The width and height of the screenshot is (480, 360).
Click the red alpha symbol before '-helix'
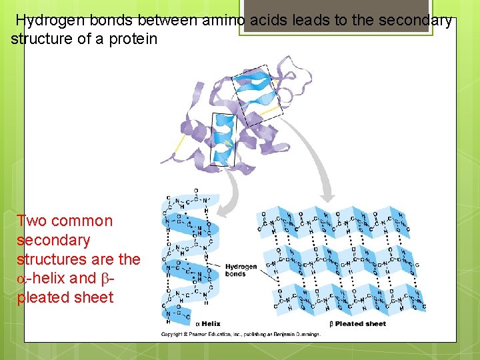[x=22, y=279]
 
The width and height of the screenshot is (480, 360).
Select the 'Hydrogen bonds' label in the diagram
[x=241, y=270]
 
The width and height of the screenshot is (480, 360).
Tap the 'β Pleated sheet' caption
[x=358, y=324]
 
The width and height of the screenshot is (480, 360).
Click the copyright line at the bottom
[x=240, y=334]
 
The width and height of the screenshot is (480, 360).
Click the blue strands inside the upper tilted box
[x=257, y=93]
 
